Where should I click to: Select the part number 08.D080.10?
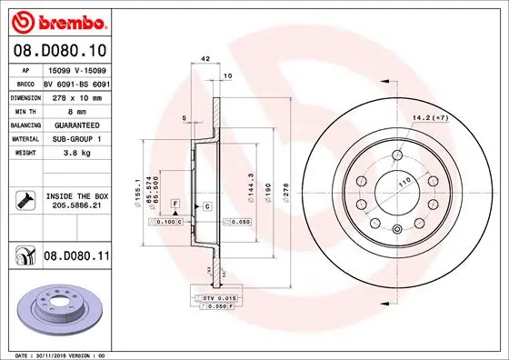tap(60, 51)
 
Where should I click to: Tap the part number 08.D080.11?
tap(75, 259)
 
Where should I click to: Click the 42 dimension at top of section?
tap(205, 58)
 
